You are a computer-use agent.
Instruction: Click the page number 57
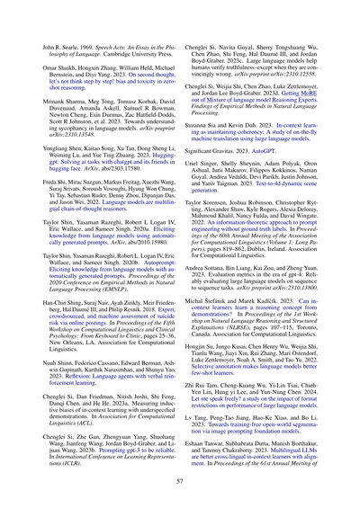pos(180,482)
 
